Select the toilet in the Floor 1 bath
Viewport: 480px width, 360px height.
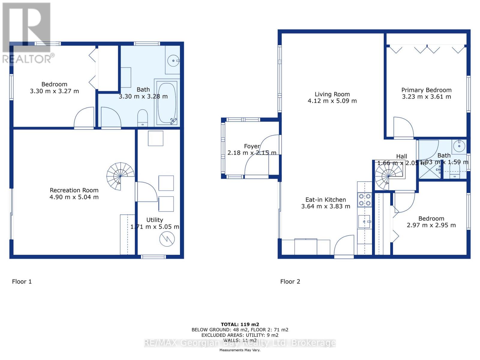point(142,118)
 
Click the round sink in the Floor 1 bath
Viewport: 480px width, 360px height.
point(173,61)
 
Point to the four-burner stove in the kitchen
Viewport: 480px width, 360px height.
point(364,200)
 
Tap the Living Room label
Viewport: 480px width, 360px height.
point(332,94)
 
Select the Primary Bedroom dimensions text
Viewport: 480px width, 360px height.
point(426,97)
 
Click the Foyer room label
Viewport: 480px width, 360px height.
point(252,146)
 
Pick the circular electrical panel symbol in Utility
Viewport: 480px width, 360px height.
point(167,239)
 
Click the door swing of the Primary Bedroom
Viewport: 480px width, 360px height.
point(403,127)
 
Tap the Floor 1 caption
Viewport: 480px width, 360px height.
point(22,281)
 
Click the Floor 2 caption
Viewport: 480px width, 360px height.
point(290,281)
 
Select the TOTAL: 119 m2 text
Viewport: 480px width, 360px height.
point(240,324)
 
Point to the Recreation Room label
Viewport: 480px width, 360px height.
point(74,190)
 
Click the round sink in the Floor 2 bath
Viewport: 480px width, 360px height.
point(459,146)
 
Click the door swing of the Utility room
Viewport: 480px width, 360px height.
point(147,192)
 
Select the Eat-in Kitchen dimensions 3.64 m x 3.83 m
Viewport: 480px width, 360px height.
point(325,206)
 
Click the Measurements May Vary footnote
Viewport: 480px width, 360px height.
point(240,350)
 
